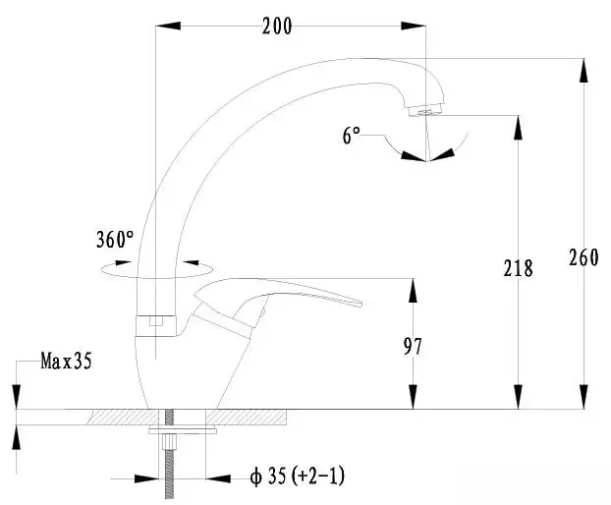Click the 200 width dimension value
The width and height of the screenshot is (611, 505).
point(277,27)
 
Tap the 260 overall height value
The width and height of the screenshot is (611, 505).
point(583,257)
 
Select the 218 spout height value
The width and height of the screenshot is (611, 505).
point(518,268)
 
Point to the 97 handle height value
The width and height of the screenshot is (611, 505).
point(413,346)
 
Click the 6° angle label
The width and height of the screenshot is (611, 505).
point(352,136)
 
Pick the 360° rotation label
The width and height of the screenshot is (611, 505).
point(115,239)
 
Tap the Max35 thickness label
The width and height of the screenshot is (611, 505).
point(66,361)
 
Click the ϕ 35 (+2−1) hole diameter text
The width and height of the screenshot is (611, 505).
point(298,477)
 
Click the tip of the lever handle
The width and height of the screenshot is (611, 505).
point(361,304)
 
